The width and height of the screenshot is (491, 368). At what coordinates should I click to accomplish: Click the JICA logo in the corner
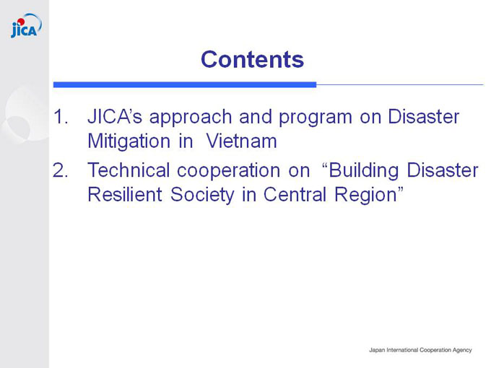pos(26,26)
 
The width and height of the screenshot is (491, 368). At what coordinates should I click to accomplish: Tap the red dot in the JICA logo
pos(21,22)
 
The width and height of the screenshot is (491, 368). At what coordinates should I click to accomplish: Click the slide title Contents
pos(253,59)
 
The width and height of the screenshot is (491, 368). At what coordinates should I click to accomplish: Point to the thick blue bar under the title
pos(185,84)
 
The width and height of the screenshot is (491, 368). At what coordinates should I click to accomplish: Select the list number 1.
pos(61,117)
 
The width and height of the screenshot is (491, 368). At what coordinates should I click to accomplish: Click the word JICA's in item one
pos(115,116)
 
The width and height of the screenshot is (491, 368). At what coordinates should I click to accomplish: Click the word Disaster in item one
pos(423,116)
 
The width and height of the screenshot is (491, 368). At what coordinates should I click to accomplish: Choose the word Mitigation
pos(129,141)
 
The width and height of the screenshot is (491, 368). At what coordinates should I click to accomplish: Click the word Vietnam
pos(241,141)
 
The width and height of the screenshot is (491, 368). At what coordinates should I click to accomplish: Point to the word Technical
pos(129,170)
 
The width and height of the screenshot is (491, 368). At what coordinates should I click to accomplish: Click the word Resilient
pos(125,194)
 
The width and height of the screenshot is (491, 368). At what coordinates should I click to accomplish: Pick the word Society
pos(202,196)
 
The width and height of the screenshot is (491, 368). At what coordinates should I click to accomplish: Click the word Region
pos(366,196)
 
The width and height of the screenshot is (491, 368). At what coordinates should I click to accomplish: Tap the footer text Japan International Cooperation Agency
pos(420,350)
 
